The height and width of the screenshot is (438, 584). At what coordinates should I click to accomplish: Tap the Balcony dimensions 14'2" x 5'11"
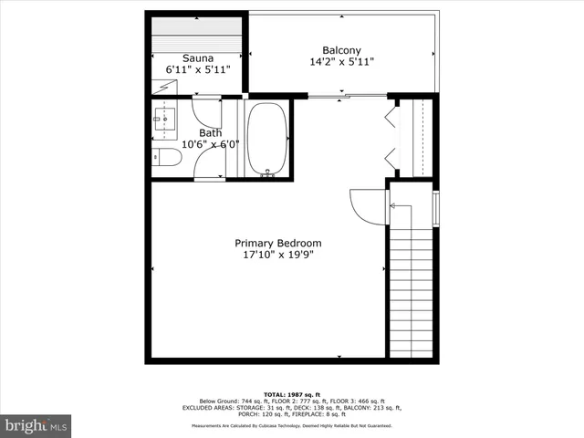click(x=342, y=62)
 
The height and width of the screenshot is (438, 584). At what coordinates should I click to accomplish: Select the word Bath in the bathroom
click(x=185, y=133)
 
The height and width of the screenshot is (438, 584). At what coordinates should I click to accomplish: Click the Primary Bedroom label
click(x=278, y=243)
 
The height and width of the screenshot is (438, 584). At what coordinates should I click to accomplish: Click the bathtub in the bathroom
click(x=266, y=138)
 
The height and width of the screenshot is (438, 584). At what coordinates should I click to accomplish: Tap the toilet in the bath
click(x=167, y=157)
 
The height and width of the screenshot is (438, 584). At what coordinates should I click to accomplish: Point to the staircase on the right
click(x=411, y=292)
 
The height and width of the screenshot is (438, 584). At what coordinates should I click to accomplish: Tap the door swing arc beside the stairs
click(x=367, y=206)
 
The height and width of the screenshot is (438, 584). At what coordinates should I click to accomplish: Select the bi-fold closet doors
click(x=393, y=136)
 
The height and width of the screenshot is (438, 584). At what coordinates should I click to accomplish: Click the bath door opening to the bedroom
click(x=210, y=167)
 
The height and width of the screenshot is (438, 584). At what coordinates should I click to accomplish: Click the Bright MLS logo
click(x=36, y=425)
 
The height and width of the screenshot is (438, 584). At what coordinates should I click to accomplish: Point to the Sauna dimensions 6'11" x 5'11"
click(x=198, y=69)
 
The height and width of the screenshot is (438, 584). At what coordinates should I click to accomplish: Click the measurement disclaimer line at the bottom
click(x=291, y=426)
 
